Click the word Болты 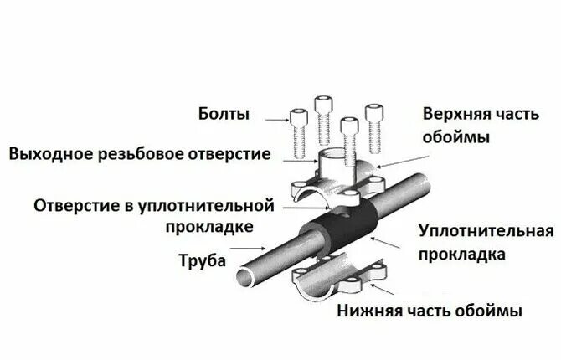click(x=224, y=114)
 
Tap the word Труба click(x=203, y=260)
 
